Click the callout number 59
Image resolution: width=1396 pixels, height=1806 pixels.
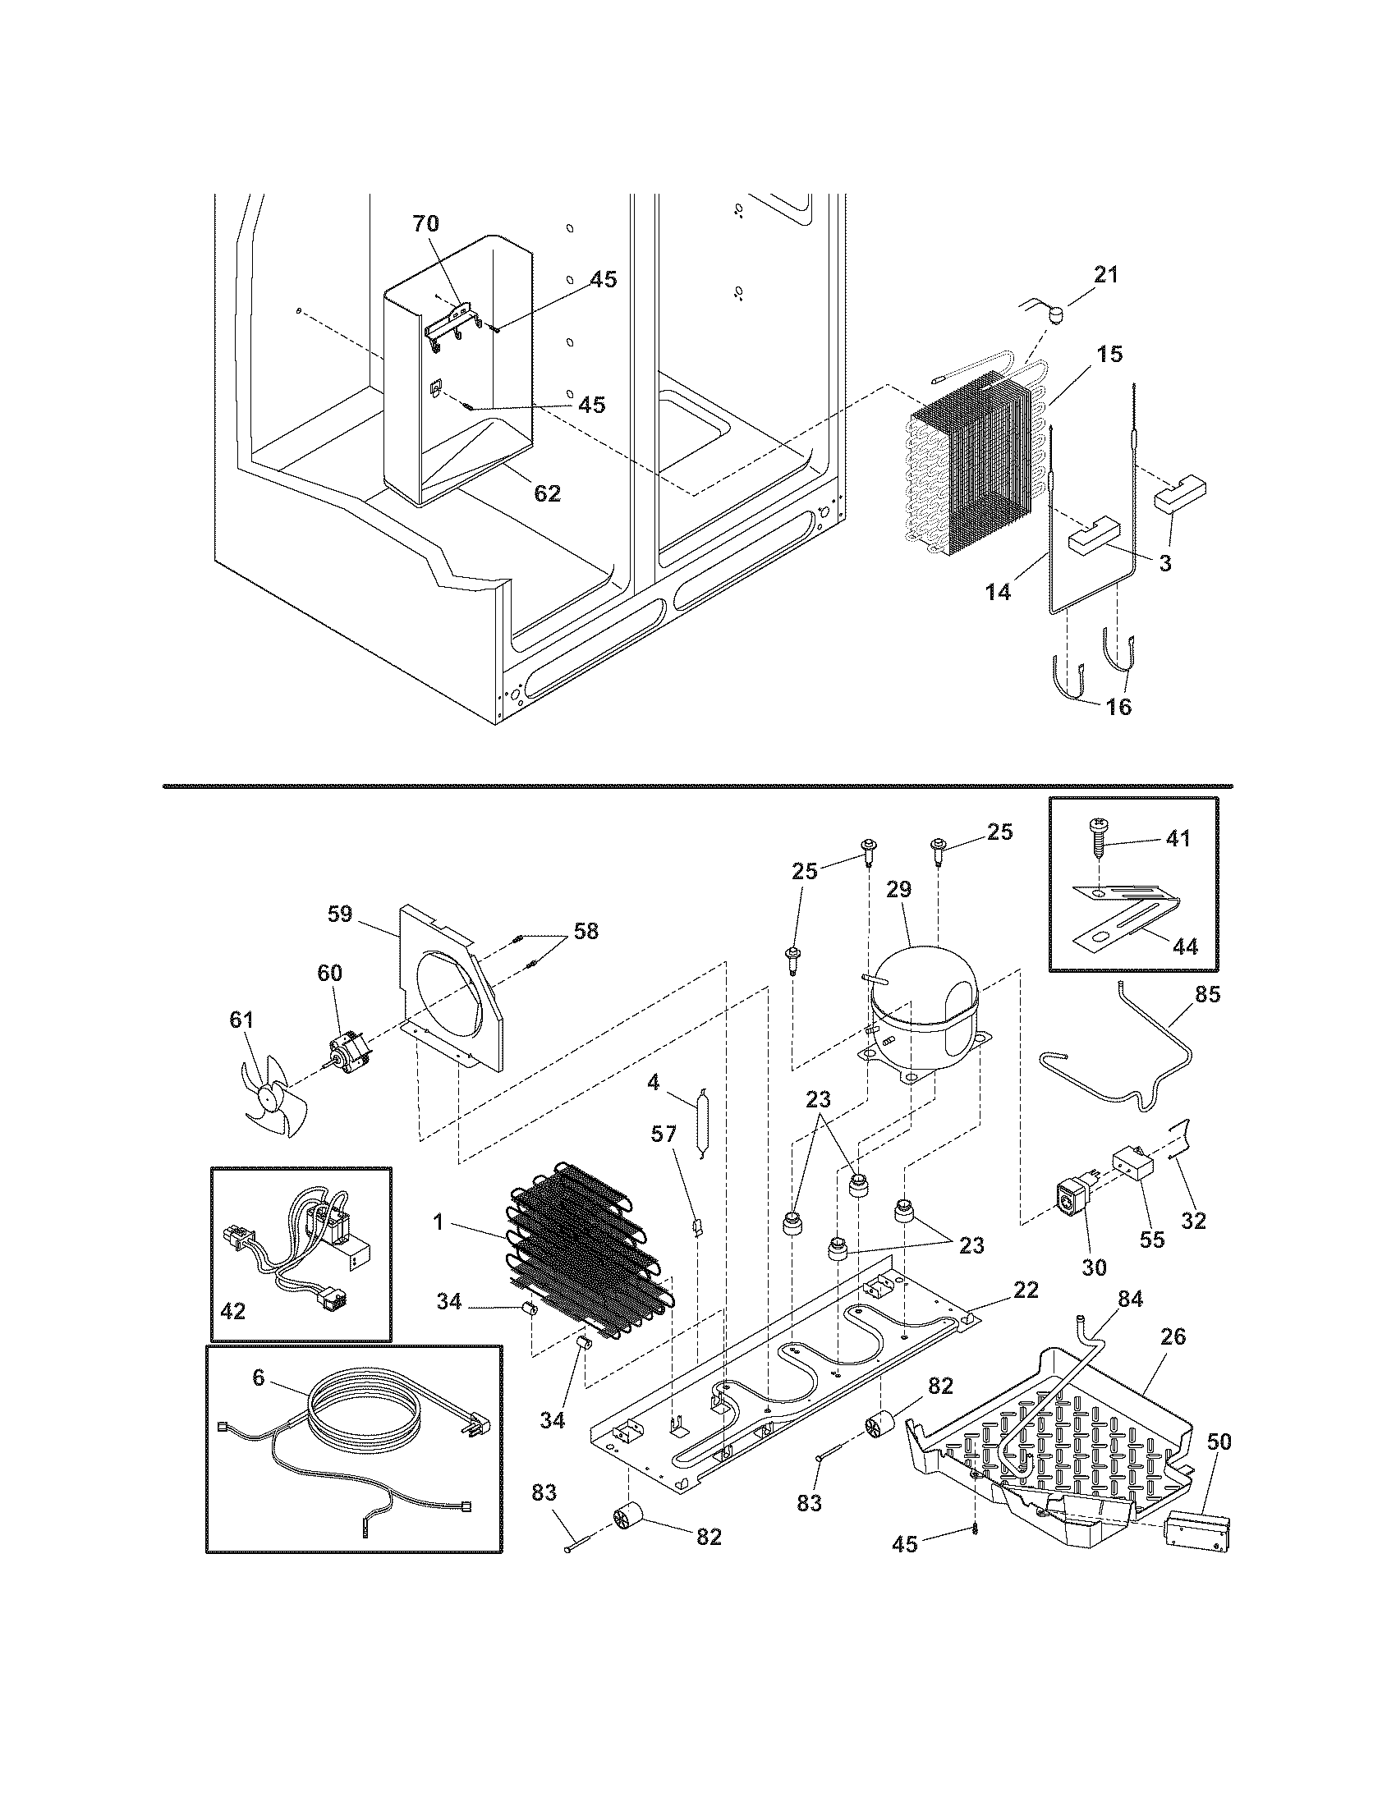coord(340,914)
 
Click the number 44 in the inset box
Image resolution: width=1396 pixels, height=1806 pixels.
coord(1185,946)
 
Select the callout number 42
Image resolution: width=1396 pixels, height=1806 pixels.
coord(234,1312)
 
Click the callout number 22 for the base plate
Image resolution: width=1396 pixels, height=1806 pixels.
coord(1026,1290)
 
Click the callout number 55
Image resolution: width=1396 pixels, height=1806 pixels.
coord(1151,1262)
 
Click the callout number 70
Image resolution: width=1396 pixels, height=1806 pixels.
coord(426,223)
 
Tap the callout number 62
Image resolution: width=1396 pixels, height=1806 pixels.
coord(548,493)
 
